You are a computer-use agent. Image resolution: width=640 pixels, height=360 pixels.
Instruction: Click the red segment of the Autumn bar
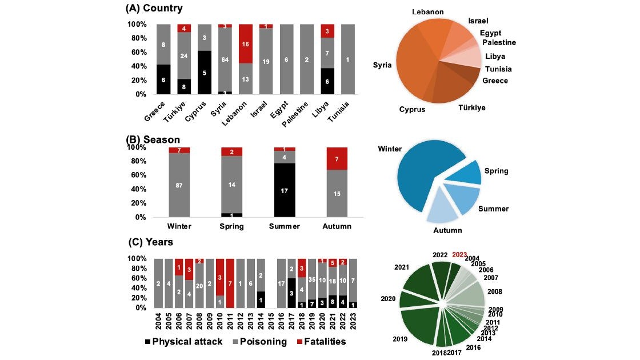coord(337,158)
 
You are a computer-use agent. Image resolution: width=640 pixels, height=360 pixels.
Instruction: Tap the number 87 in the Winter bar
coord(179,185)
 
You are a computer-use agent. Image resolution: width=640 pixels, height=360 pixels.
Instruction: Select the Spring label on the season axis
coord(232,226)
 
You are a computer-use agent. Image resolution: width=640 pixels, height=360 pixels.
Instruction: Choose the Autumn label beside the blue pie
coord(447,230)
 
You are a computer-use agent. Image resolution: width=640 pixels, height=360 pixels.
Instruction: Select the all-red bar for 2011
coord(230,283)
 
